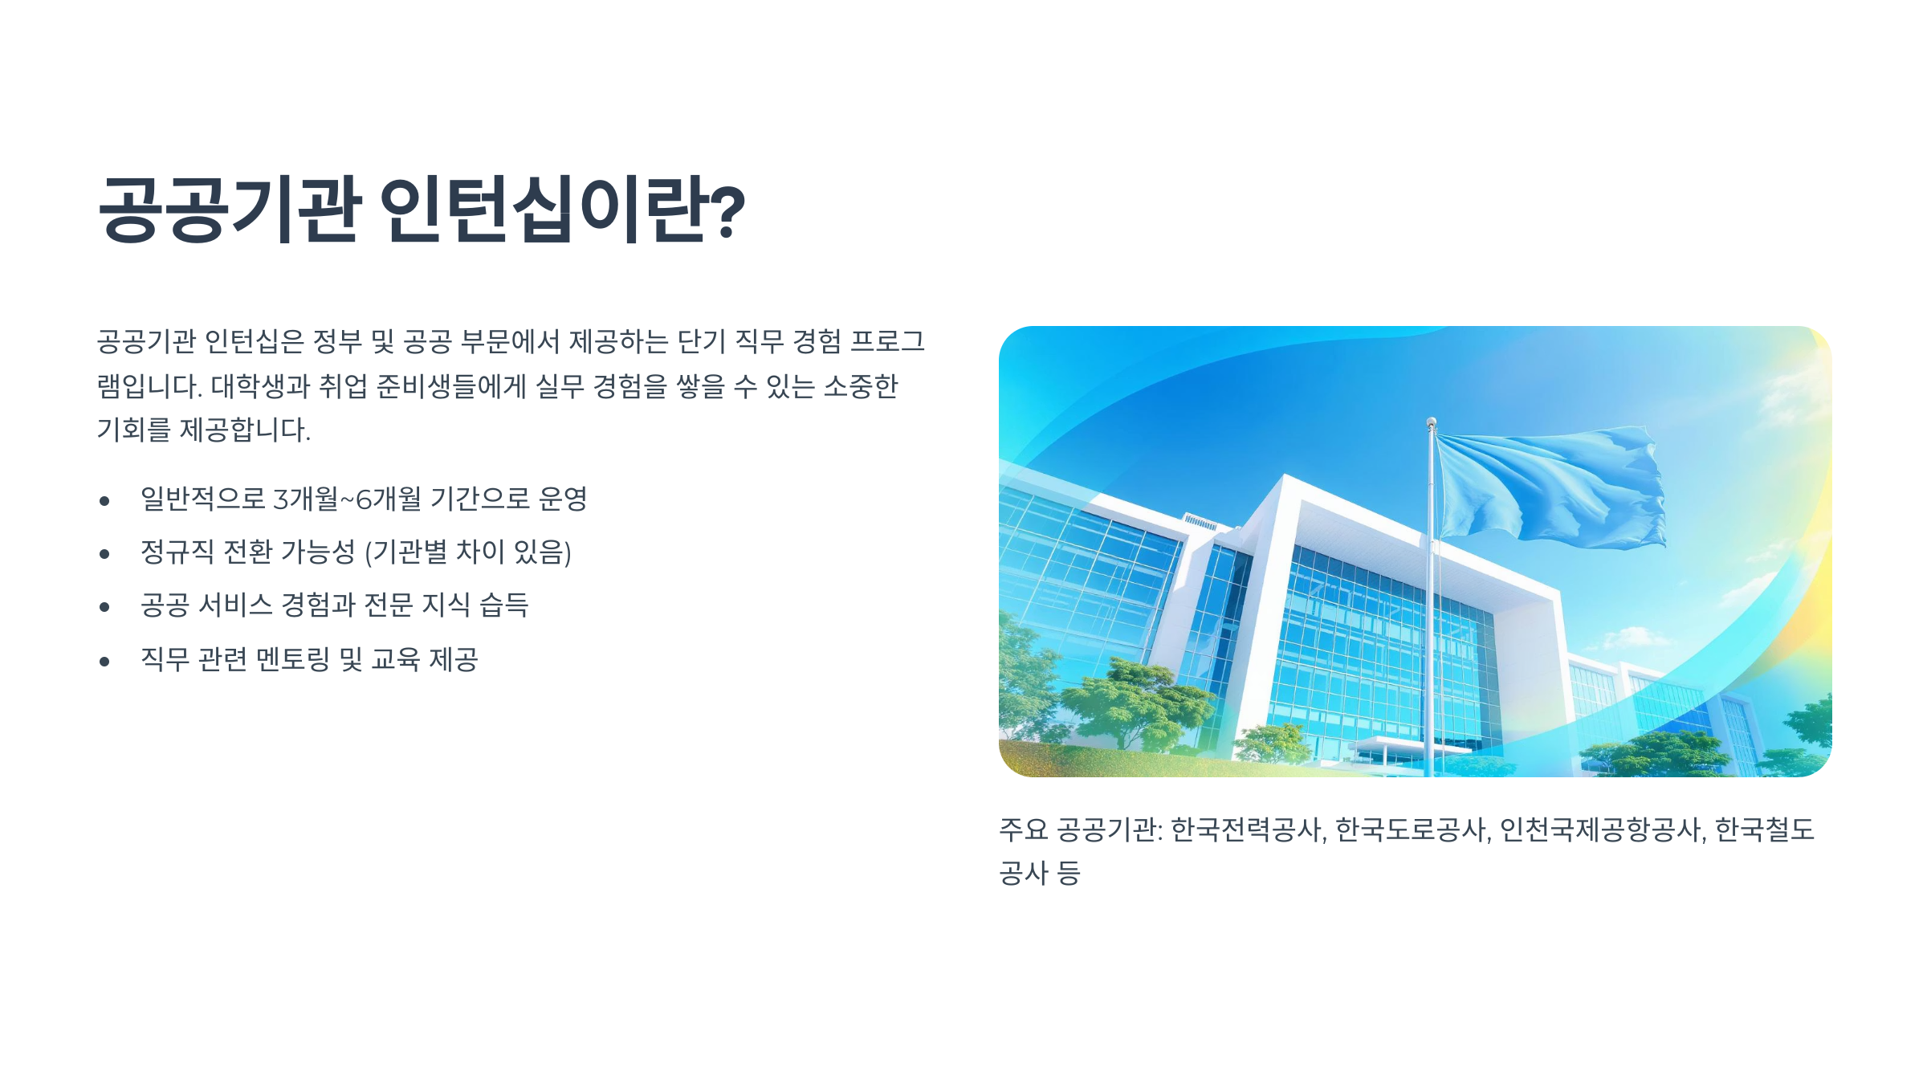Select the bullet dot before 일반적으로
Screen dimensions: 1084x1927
coord(104,501)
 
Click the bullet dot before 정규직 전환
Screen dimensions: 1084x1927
coord(104,554)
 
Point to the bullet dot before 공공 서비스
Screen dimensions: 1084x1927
coord(104,607)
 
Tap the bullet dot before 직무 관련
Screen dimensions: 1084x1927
coord(104,662)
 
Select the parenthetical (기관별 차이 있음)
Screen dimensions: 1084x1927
coord(467,552)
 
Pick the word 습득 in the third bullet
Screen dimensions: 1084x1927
coord(504,605)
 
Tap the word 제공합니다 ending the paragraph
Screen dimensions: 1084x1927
coord(244,430)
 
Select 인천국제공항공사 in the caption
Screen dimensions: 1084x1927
coord(1601,829)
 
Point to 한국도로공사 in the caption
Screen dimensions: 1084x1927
coord(1411,829)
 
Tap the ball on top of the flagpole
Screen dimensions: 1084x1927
coord(1431,421)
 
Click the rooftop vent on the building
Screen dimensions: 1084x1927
coord(1200,522)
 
